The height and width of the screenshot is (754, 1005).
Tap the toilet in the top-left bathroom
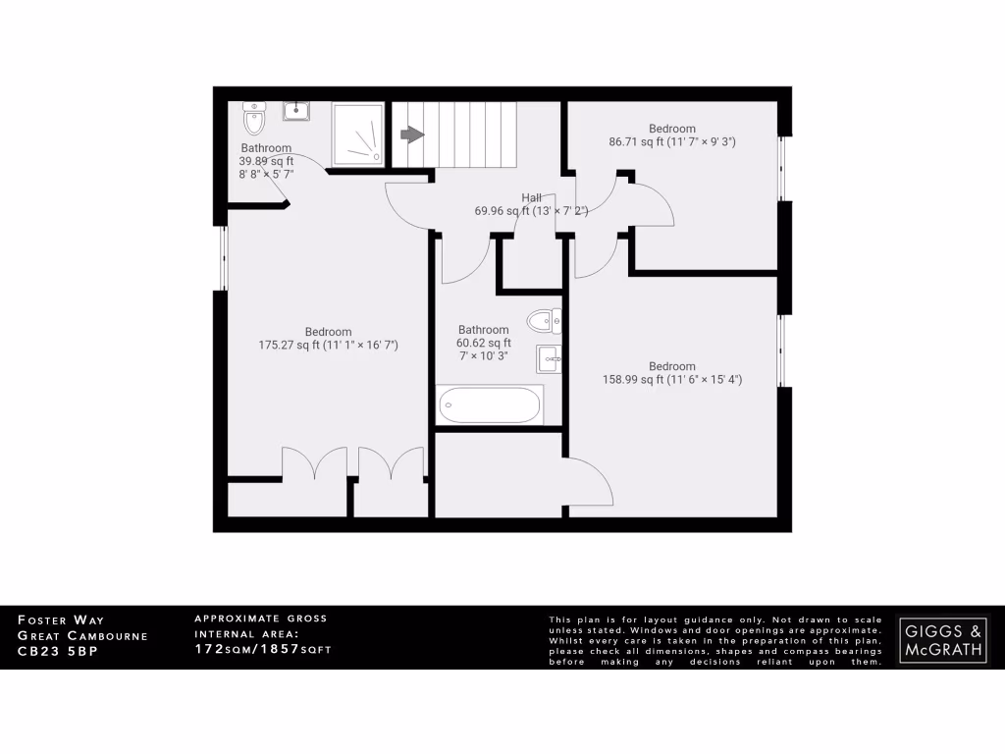254,120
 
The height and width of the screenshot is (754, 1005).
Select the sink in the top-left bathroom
296,110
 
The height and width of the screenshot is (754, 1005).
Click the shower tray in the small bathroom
357,135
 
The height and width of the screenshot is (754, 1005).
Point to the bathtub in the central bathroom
490,404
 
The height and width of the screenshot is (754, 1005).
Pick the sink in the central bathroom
549,359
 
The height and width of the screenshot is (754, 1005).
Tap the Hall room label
531,197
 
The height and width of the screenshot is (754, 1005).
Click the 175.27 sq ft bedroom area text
328,346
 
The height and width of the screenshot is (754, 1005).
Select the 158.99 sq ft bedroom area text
671,380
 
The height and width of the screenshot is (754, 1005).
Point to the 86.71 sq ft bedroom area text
672,141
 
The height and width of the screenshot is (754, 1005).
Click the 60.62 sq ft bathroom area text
483,343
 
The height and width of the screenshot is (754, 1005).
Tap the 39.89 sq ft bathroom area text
266,161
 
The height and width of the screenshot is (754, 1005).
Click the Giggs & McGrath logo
943,638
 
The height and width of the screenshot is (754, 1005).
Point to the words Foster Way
61,620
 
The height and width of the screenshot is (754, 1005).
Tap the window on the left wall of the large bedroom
223,258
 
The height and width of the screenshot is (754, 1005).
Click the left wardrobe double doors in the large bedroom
314,464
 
